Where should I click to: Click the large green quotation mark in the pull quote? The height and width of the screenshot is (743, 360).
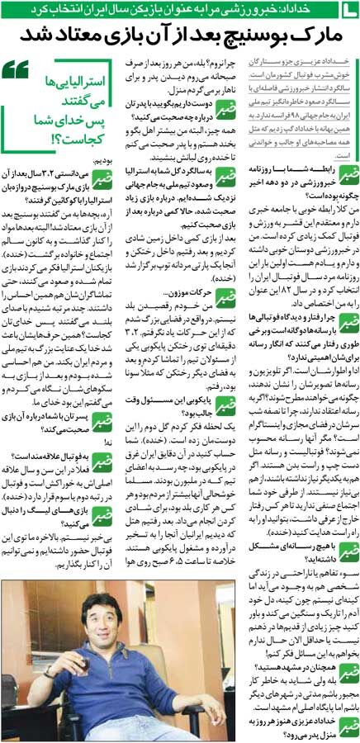(17, 71)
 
